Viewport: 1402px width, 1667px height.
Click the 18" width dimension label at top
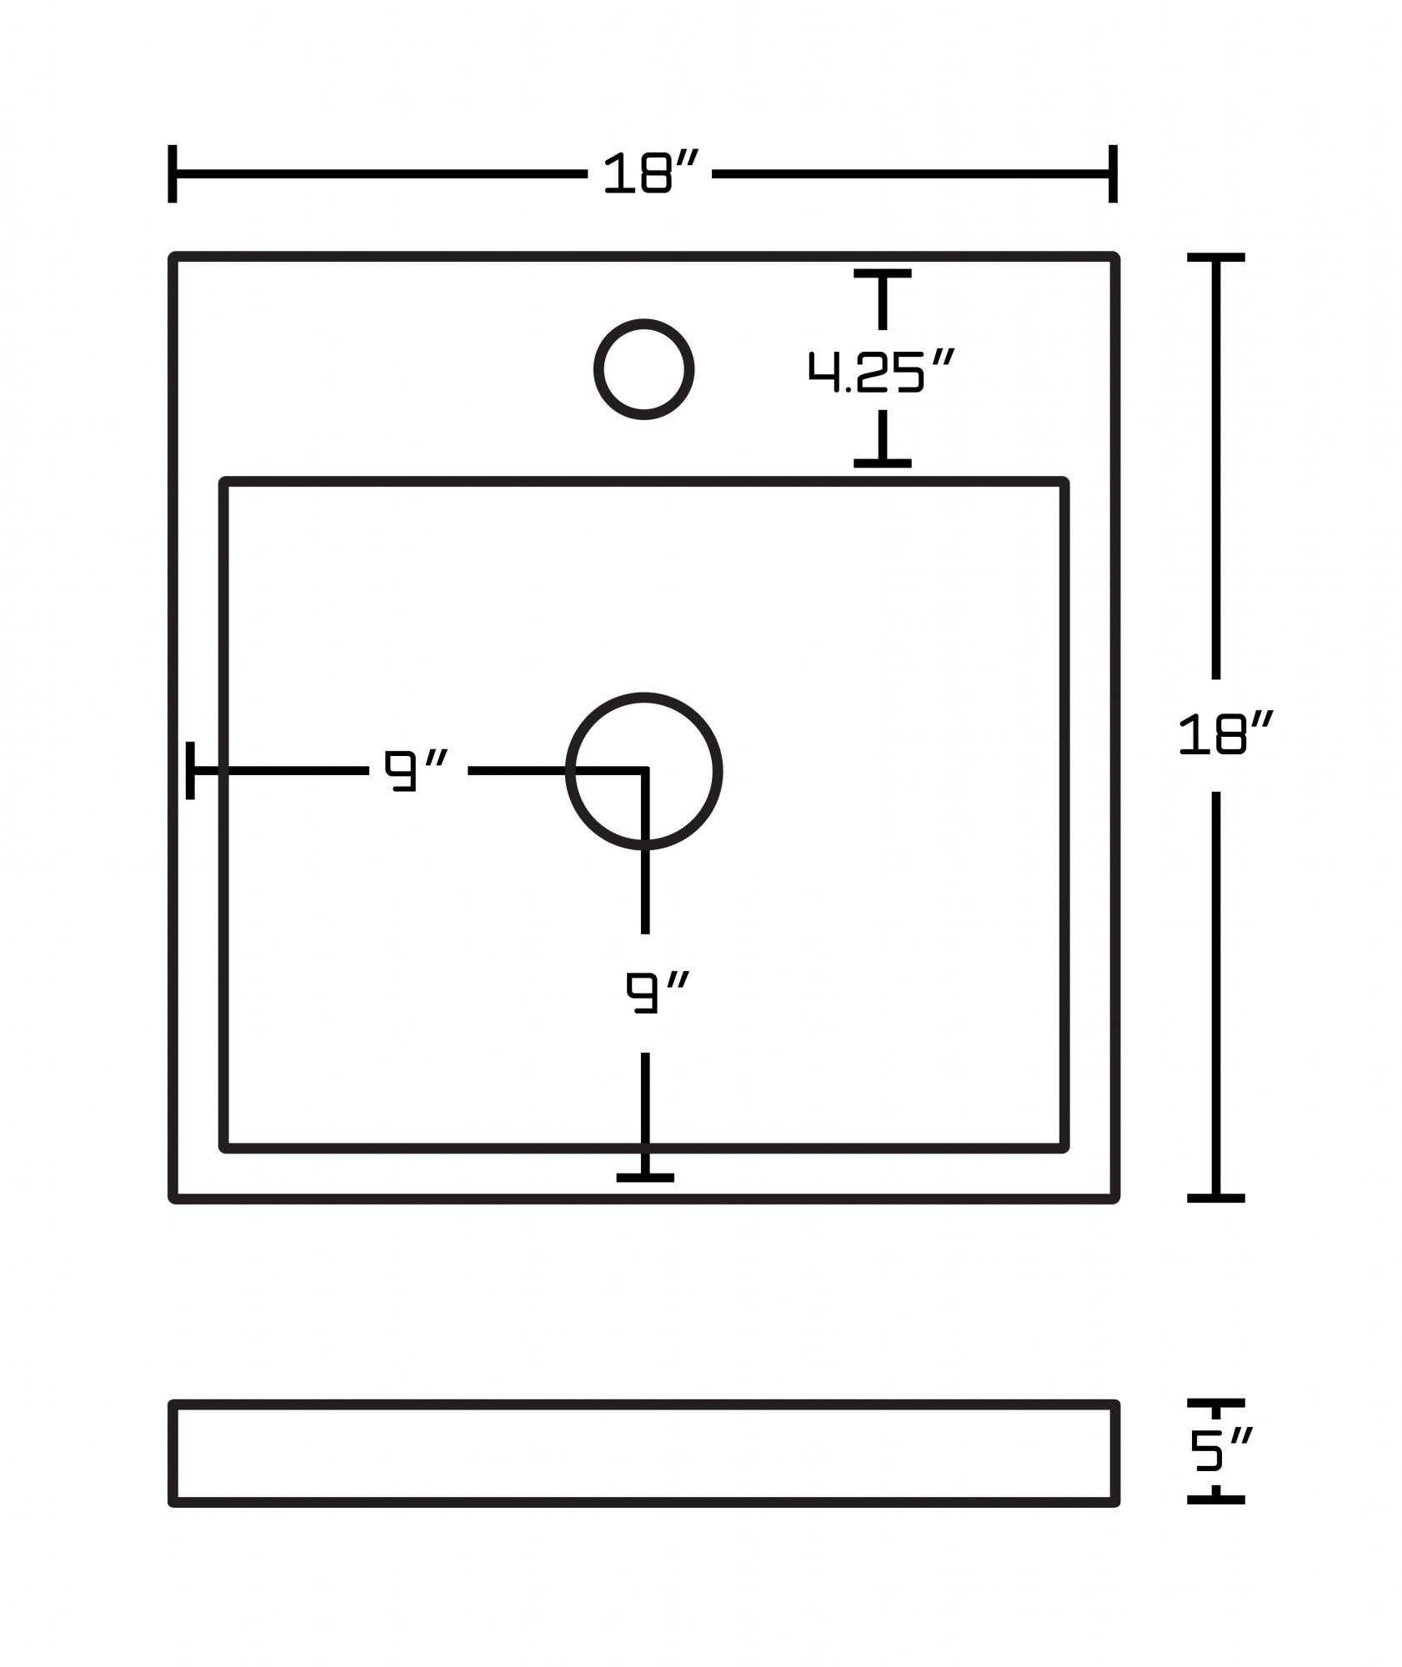tap(649, 173)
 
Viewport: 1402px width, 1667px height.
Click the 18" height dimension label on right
tap(1224, 734)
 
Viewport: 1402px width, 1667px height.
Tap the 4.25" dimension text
tap(880, 371)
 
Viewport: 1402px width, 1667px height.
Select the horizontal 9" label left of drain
tap(415, 770)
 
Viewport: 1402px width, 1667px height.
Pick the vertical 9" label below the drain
tap(657, 992)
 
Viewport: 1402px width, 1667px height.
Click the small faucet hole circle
tap(643, 369)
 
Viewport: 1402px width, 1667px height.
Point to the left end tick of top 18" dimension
tap(173, 173)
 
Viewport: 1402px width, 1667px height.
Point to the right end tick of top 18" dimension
tap(1113, 173)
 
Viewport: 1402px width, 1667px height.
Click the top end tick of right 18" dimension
tap(1215, 258)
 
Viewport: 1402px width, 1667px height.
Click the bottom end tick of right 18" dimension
tap(1215, 1198)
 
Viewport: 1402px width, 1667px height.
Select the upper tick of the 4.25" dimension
tap(882, 273)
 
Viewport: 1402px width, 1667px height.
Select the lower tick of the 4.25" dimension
tap(882, 463)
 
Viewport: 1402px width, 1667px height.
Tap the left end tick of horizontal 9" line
tap(191, 770)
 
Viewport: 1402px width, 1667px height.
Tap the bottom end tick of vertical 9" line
tap(645, 1177)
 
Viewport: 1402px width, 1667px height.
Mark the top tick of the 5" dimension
tap(1215, 1403)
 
